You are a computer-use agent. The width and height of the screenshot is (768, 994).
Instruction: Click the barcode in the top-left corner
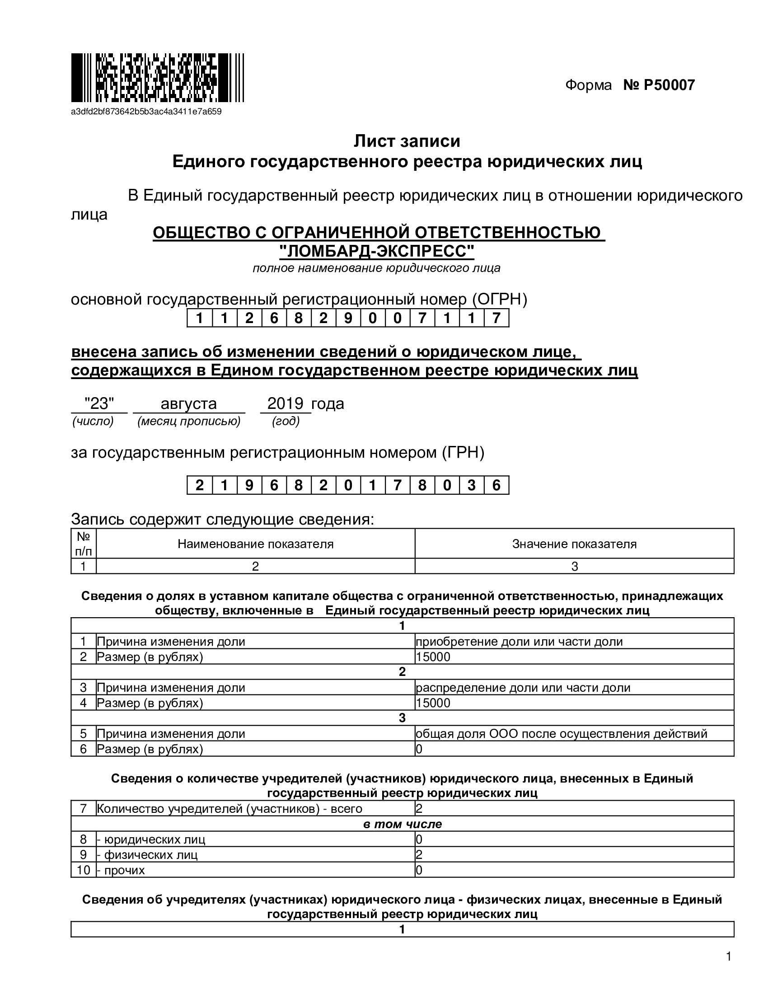coord(157,78)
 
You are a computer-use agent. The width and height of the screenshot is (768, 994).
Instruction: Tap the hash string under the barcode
coord(146,112)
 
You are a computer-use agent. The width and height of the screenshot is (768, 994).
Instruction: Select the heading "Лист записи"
coord(407,141)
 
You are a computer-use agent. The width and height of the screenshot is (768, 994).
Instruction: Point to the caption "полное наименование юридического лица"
coord(376,268)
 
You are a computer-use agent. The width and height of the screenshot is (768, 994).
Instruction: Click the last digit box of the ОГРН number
coord(496,318)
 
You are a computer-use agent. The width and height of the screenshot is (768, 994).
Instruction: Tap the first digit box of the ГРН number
coord(199,485)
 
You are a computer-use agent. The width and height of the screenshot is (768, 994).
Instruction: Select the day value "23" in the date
coord(99,403)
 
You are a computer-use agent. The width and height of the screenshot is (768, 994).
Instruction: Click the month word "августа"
coord(188,403)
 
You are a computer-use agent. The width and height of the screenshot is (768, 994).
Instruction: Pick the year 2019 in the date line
coord(285,403)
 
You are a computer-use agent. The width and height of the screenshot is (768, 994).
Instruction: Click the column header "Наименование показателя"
coord(255,544)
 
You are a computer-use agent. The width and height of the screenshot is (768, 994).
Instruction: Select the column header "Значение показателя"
coord(574,544)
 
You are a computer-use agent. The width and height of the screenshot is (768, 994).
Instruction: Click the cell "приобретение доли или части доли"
coord(519,642)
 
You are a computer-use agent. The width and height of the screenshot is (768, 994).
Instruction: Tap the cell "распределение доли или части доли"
coord(523,688)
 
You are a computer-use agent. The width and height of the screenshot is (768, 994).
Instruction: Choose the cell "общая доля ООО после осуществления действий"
coord(561,734)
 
